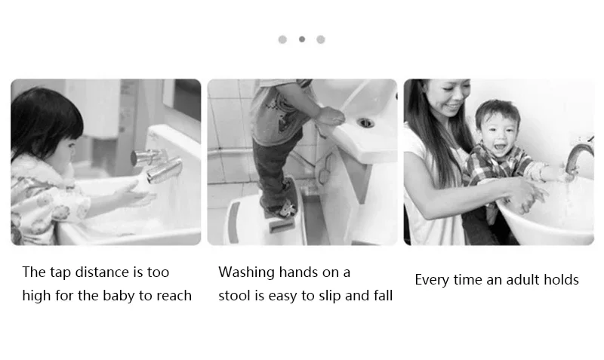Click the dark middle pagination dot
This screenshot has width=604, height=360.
click(x=302, y=39)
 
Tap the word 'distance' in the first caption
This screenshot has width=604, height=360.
click(x=102, y=272)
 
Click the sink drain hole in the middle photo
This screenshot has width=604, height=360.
click(x=365, y=123)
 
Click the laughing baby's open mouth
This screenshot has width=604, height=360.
click(x=501, y=146)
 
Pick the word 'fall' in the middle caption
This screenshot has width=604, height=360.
click(x=383, y=296)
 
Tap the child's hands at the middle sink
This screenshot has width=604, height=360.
click(x=329, y=118)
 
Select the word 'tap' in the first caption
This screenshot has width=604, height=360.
click(x=60, y=273)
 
